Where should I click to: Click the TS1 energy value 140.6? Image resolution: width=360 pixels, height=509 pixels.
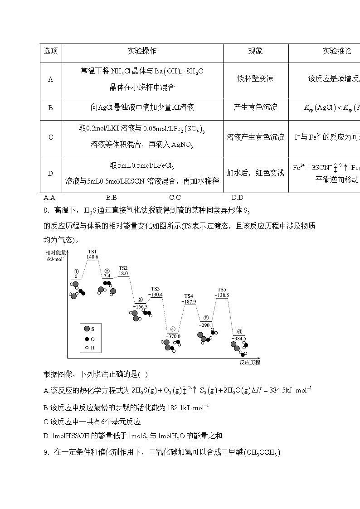(92, 257)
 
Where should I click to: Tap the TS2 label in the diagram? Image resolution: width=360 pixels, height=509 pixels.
(123, 268)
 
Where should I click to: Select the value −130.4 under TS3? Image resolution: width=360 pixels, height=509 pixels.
(156, 295)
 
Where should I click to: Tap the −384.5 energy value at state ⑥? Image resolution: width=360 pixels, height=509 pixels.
(239, 338)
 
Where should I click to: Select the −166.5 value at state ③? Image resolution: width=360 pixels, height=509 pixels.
(140, 306)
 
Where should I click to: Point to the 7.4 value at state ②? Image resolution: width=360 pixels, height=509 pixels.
(107, 276)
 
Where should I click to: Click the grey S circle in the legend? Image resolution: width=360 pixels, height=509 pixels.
(87, 329)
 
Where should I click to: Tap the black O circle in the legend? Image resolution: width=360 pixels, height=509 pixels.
(87, 339)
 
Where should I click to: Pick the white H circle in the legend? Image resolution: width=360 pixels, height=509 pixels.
(87, 348)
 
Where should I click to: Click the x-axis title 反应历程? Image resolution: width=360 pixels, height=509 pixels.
(250, 363)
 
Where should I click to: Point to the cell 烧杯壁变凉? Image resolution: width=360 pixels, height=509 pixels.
(255, 79)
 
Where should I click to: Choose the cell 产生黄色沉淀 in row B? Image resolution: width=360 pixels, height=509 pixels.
(255, 108)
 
